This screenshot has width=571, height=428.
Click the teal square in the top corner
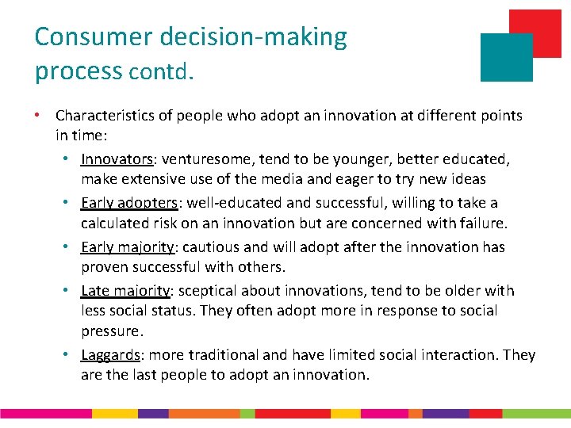coord(505,58)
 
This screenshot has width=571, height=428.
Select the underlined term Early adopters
coord(129,204)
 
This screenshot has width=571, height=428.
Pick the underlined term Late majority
coord(125,291)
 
